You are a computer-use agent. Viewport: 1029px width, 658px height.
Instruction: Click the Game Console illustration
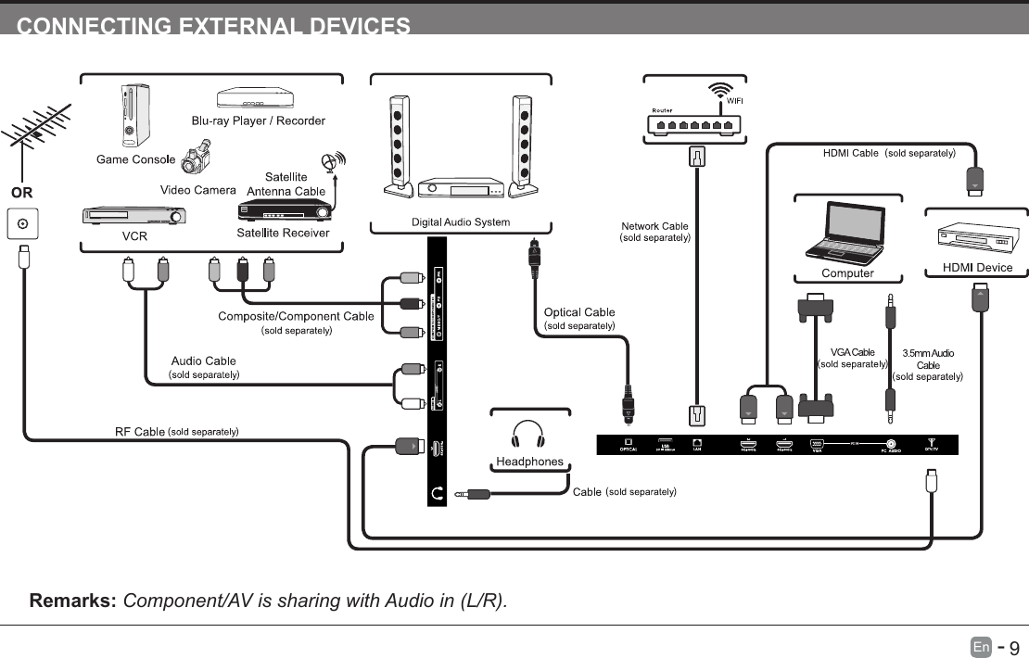pos(134,117)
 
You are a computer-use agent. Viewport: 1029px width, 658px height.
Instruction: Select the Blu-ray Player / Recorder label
pos(258,121)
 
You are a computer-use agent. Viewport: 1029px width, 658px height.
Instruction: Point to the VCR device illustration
pos(134,217)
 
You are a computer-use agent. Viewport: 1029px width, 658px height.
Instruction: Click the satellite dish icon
pos(332,163)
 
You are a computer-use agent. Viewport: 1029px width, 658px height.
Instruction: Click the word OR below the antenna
pos(21,194)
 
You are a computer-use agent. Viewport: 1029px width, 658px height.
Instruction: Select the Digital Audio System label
pos(461,222)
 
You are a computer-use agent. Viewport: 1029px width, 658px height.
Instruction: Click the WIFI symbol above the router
pos(720,92)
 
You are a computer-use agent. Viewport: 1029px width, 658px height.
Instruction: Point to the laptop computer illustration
pos(846,232)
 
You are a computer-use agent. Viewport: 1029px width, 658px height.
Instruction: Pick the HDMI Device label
pos(977,268)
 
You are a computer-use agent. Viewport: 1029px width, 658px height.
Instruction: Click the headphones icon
pos(527,435)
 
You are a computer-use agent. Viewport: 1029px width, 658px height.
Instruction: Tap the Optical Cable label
pos(578,312)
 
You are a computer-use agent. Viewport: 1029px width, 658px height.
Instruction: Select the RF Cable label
pos(139,431)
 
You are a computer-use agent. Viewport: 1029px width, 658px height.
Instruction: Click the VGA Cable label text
pos(852,352)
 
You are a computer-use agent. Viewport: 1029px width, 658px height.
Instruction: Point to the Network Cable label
pos(654,226)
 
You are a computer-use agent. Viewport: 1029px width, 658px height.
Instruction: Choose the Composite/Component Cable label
pos(296,316)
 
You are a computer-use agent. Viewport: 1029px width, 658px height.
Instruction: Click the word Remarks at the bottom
pos(72,601)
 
